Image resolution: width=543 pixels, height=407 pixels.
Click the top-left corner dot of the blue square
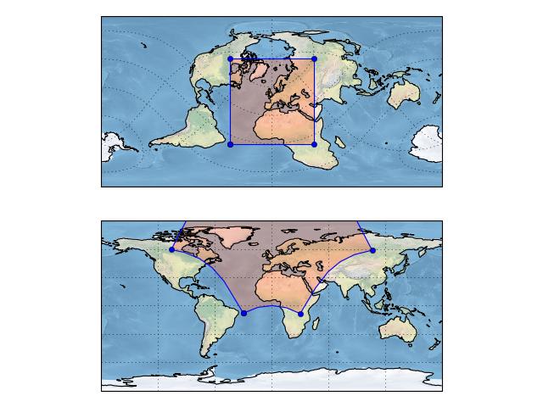tap(231, 59)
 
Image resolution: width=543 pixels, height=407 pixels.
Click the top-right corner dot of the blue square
tap(314, 59)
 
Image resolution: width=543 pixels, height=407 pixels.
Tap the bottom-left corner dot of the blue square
tap(231, 144)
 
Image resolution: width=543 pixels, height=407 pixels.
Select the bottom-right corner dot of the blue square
tap(314, 144)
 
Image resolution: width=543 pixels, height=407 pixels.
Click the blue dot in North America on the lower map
tap(172, 249)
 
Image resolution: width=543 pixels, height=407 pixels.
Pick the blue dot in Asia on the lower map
tap(372, 250)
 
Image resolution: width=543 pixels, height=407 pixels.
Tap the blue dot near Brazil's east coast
tap(244, 314)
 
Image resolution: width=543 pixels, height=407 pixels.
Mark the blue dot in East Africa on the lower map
tap(300, 314)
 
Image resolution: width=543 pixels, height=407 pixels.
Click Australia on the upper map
tap(403, 93)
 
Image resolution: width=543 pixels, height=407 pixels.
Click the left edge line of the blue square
tap(231, 102)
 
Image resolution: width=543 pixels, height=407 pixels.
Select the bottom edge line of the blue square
tap(271, 144)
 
